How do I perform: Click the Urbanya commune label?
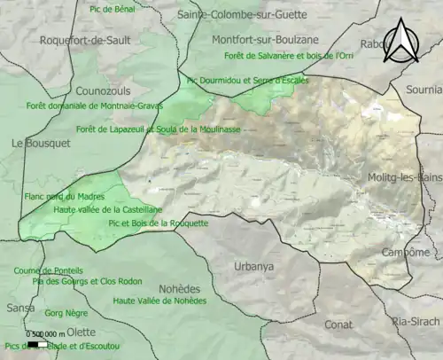click(254, 266)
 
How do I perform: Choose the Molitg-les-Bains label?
click(405, 178)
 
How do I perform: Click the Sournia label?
click(423, 90)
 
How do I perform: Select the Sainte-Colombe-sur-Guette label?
click(242, 15)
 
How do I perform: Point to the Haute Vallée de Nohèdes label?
click(159, 301)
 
